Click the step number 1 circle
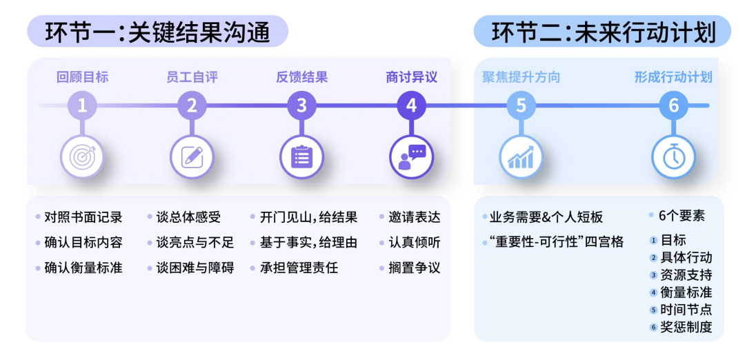tap(82, 106)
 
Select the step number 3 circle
tap(301, 106)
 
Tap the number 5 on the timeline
tap(521, 106)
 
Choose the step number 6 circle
tap(673, 106)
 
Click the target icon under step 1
tap(82, 157)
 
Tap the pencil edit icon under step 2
tap(192, 157)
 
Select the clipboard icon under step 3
tap(301, 157)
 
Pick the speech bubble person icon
tap(411, 157)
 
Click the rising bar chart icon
tap(521, 157)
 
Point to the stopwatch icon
tap(673, 157)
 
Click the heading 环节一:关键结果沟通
tap(158, 32)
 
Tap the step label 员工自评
tap(192, 77)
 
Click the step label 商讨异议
tap(411, 77)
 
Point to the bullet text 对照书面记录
tap(83, 218)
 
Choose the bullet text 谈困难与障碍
tap(195, 268)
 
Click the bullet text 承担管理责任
tap(299, 268)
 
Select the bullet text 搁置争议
tap(414, 268)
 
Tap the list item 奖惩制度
tap(686, 327)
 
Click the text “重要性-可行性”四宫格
tap(555, 242)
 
